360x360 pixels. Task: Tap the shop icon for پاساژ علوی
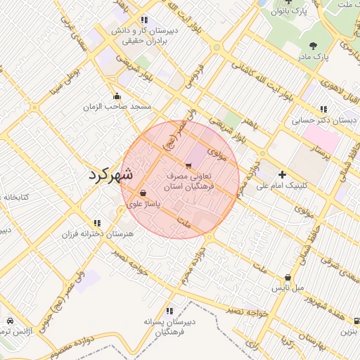click(x=143, y=193)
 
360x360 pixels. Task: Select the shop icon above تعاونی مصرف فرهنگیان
click(x=187, y=165)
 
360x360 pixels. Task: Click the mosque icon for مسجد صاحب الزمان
click(x=117, y=96)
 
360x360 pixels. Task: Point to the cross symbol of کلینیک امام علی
click(x=283, y=174)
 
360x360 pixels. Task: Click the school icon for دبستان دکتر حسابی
click(x=323, y=109)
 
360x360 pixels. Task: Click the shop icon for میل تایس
click(x=288, y=278)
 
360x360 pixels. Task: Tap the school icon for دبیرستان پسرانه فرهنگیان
click(x=169, y=310)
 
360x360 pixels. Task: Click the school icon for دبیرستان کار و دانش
click(x=144, y=20)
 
